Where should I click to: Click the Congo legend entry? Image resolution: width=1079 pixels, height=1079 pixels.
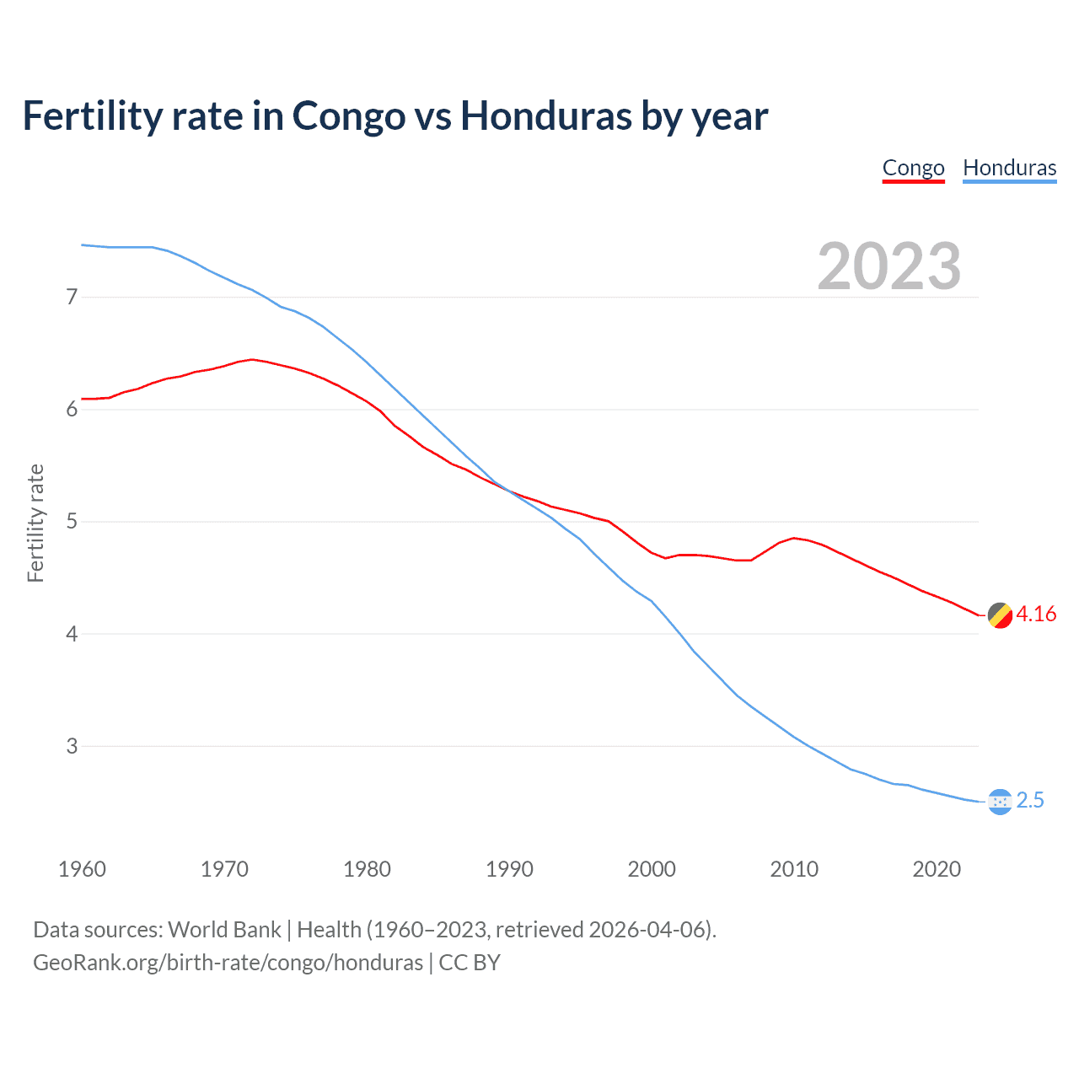point(913,168)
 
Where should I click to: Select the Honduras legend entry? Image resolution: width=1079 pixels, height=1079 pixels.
point(1009,168)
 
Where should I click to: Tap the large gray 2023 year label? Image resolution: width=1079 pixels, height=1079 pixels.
point(888,266)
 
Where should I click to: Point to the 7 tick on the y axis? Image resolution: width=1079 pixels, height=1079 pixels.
point(72,297)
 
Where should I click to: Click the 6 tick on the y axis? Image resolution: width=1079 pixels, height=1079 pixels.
point(72,409)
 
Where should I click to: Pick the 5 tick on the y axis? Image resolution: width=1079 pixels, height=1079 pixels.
point(72,521)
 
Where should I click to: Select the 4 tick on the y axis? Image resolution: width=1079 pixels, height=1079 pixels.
point(72,633)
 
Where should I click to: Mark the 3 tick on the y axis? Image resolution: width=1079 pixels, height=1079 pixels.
point(72,746)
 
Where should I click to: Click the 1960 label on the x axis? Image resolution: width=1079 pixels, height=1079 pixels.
point(82,869)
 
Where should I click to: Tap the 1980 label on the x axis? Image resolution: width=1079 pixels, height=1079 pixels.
point(367,869)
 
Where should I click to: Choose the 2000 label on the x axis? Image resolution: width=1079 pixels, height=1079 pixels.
point(652,869)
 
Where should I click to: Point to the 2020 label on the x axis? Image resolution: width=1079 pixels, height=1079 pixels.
point(937,869)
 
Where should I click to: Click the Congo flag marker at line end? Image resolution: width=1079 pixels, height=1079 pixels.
point(1000,615)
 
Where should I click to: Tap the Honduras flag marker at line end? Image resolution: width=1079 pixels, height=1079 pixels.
point(1000,802)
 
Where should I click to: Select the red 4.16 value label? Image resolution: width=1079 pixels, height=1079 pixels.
point(1036,615)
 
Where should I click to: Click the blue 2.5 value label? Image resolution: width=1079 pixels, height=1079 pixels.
point(1030,801)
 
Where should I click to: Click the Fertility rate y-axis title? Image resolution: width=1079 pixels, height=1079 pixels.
point(35,523)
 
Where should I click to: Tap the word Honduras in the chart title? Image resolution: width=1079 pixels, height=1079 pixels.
point(545,116)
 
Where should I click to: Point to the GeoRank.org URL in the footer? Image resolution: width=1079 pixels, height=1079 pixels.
point(228,963)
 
